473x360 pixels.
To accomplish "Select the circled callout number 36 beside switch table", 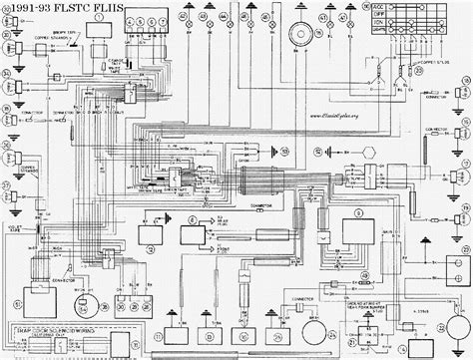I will pos(365,6).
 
